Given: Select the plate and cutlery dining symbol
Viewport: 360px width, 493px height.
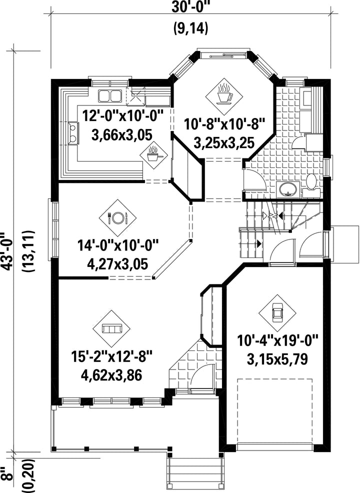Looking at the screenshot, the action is [117, 216].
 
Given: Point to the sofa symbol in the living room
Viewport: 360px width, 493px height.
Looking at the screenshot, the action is [112, 329].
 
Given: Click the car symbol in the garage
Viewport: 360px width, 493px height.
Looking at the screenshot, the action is [277, 312].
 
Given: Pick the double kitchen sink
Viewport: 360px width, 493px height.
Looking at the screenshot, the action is [109, 95].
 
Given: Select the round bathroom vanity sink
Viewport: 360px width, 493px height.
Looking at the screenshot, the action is [287, 189].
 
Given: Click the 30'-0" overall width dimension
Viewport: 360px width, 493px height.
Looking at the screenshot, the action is [190, 7].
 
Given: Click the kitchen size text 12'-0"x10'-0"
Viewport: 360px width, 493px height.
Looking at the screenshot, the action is [123, 115].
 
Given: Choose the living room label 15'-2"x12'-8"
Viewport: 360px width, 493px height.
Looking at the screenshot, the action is [112, 357].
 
